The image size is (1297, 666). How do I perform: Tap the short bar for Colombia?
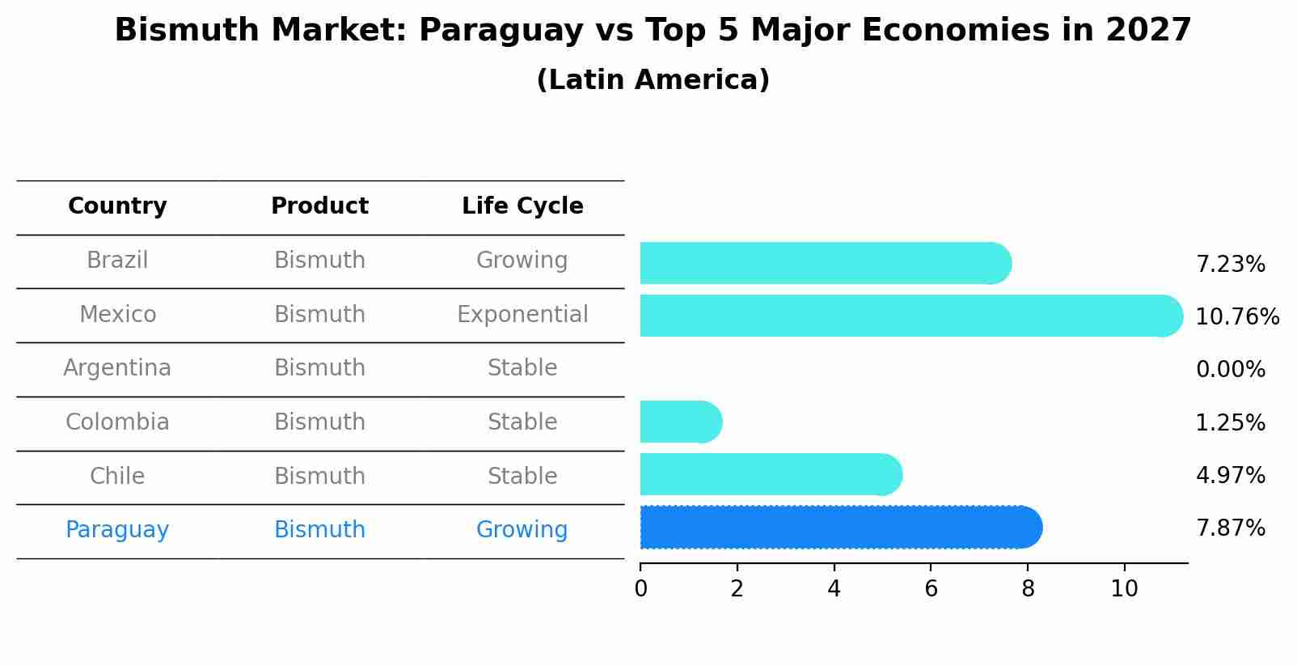point(679,422)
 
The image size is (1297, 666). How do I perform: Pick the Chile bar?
point(768,474)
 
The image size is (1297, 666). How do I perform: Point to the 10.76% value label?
point(1236,316)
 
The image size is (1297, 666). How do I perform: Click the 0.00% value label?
point(1230,370)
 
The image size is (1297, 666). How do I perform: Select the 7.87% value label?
point(1230,528)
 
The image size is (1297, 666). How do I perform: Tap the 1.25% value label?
point(1230,422)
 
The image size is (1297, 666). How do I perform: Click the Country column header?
point(117,206)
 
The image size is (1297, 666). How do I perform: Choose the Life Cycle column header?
point(522,206)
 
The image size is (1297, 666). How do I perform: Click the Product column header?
point(319,206)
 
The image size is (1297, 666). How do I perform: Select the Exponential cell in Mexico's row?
point(522,314)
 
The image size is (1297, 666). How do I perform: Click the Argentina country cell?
point(117,368)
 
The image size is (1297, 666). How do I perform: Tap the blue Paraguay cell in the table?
point(117,530)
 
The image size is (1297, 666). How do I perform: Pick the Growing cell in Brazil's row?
point(522,261)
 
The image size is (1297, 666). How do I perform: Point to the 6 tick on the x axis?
point(931,588)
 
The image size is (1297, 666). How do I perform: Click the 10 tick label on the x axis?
point(1124,588)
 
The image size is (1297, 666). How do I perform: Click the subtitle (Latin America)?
point(653,80)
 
